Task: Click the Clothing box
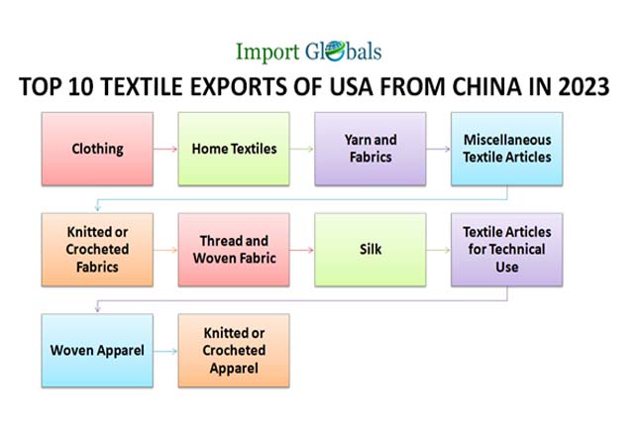pos(97,149)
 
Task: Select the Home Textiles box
pos(234,149)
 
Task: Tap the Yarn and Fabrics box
pos(370,149)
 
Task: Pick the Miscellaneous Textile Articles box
pos(506,149)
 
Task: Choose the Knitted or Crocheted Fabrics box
pos(97,250)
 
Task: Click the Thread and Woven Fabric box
pos(234,250)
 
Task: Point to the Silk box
pos(370,250)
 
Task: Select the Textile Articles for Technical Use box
pos(506,250)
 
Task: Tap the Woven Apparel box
pos(97,350)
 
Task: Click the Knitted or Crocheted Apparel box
pos(234,350)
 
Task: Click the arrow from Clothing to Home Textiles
pos(165,150)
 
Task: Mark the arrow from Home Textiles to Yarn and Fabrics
pos(302,150)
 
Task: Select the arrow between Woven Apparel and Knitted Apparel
pos(165,351)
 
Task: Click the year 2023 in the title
pos(582,88)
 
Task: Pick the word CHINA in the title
pos(484,88)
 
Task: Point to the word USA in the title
pos(339,88)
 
